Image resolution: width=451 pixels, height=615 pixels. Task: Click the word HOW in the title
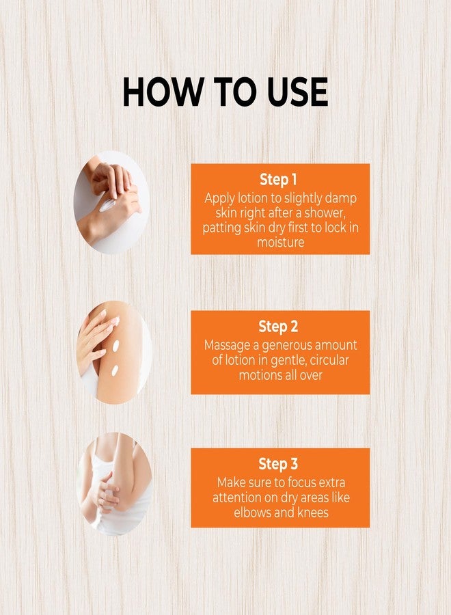162,92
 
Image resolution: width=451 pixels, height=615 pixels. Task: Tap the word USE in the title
297,92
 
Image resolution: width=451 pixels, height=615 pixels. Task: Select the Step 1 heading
278,179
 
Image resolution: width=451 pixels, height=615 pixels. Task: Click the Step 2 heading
278,327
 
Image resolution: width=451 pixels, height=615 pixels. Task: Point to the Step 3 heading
278,463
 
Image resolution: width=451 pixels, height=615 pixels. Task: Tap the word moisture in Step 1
280,242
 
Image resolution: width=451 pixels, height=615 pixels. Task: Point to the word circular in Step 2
329,359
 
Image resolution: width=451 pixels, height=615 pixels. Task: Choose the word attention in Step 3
237,497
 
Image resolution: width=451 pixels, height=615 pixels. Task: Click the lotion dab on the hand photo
107,205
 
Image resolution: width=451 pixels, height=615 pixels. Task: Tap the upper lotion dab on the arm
115,346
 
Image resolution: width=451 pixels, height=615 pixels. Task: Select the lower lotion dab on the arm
115,370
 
